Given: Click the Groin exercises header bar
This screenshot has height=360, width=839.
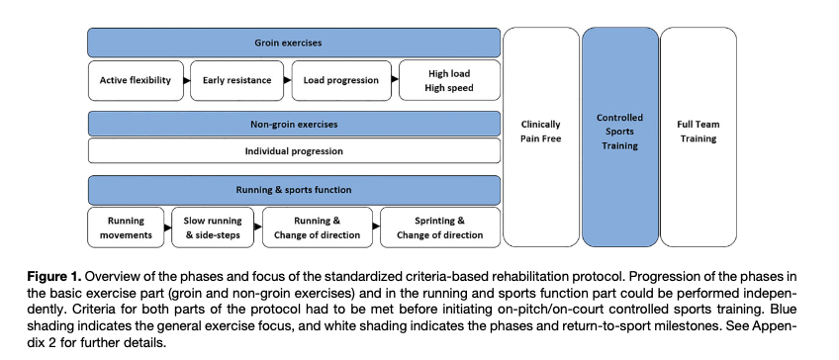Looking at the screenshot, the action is [x=294, y=43].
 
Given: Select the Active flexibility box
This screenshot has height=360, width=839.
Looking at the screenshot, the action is [x=136, y=80].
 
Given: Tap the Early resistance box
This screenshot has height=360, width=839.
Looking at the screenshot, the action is [x=237, y=80].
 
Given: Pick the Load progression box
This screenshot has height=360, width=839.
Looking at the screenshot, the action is [x=340, y=80].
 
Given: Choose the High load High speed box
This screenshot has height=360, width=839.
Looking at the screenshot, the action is [x=449, y=80].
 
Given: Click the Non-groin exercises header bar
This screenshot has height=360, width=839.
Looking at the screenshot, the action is [x=294, y=124].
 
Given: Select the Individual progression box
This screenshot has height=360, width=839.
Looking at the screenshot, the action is [x=294, y=151].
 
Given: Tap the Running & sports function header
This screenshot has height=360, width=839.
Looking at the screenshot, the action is [x=294, y=190].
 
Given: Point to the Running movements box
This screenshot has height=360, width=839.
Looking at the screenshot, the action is [x=126, y=227].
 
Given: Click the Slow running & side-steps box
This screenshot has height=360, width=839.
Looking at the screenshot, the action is [x=213, y=227].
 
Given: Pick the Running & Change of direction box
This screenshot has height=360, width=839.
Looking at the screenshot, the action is [x=318, y=227].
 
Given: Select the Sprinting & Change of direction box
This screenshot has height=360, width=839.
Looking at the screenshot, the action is [x=440, y=227].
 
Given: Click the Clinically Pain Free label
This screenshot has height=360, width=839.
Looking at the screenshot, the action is [x=540, y=132].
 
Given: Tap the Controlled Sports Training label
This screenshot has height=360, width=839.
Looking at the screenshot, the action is [x=619, y=132].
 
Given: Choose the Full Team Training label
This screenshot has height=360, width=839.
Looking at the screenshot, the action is [x=699, y=132].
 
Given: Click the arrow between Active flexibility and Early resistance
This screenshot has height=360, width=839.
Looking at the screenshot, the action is [x=187, y=81].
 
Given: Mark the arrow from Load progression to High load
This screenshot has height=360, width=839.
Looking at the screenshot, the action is [x=395, y=79].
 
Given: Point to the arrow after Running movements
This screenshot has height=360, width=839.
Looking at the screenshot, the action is [x=168, y=227].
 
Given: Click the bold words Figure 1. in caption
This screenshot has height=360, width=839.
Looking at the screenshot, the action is [x=54, y=277].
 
